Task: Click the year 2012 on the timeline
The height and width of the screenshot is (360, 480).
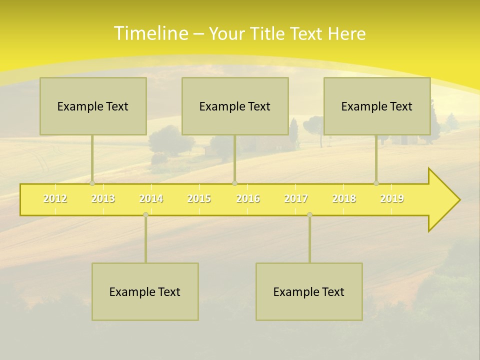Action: [55, 198]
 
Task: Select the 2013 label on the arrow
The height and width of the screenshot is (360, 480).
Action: [103, 198]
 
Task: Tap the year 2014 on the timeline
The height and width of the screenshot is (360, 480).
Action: [151, 198]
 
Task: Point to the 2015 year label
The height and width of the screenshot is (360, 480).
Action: [199, 198]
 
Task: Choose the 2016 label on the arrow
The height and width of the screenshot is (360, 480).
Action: [248, 198]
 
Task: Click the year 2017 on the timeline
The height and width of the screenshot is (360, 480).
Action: [296, 198]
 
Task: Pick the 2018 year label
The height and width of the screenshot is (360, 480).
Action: [344, 198]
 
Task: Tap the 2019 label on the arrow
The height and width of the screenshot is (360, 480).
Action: [392, 198]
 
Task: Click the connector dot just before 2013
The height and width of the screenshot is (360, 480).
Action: [92, 183]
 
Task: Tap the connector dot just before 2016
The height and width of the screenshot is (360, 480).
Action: [234, 183]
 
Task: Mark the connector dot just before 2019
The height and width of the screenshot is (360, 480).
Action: [376, 183]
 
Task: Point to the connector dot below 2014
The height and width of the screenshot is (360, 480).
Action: [145, 215]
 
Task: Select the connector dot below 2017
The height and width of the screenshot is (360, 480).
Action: [309, 215]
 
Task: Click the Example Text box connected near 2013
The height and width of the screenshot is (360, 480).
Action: [93, 106]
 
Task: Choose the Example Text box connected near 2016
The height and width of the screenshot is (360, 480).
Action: [235, 106]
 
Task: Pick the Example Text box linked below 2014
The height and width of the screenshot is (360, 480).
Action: [145, 291]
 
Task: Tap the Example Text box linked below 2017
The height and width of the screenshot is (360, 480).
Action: [309, 291]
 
